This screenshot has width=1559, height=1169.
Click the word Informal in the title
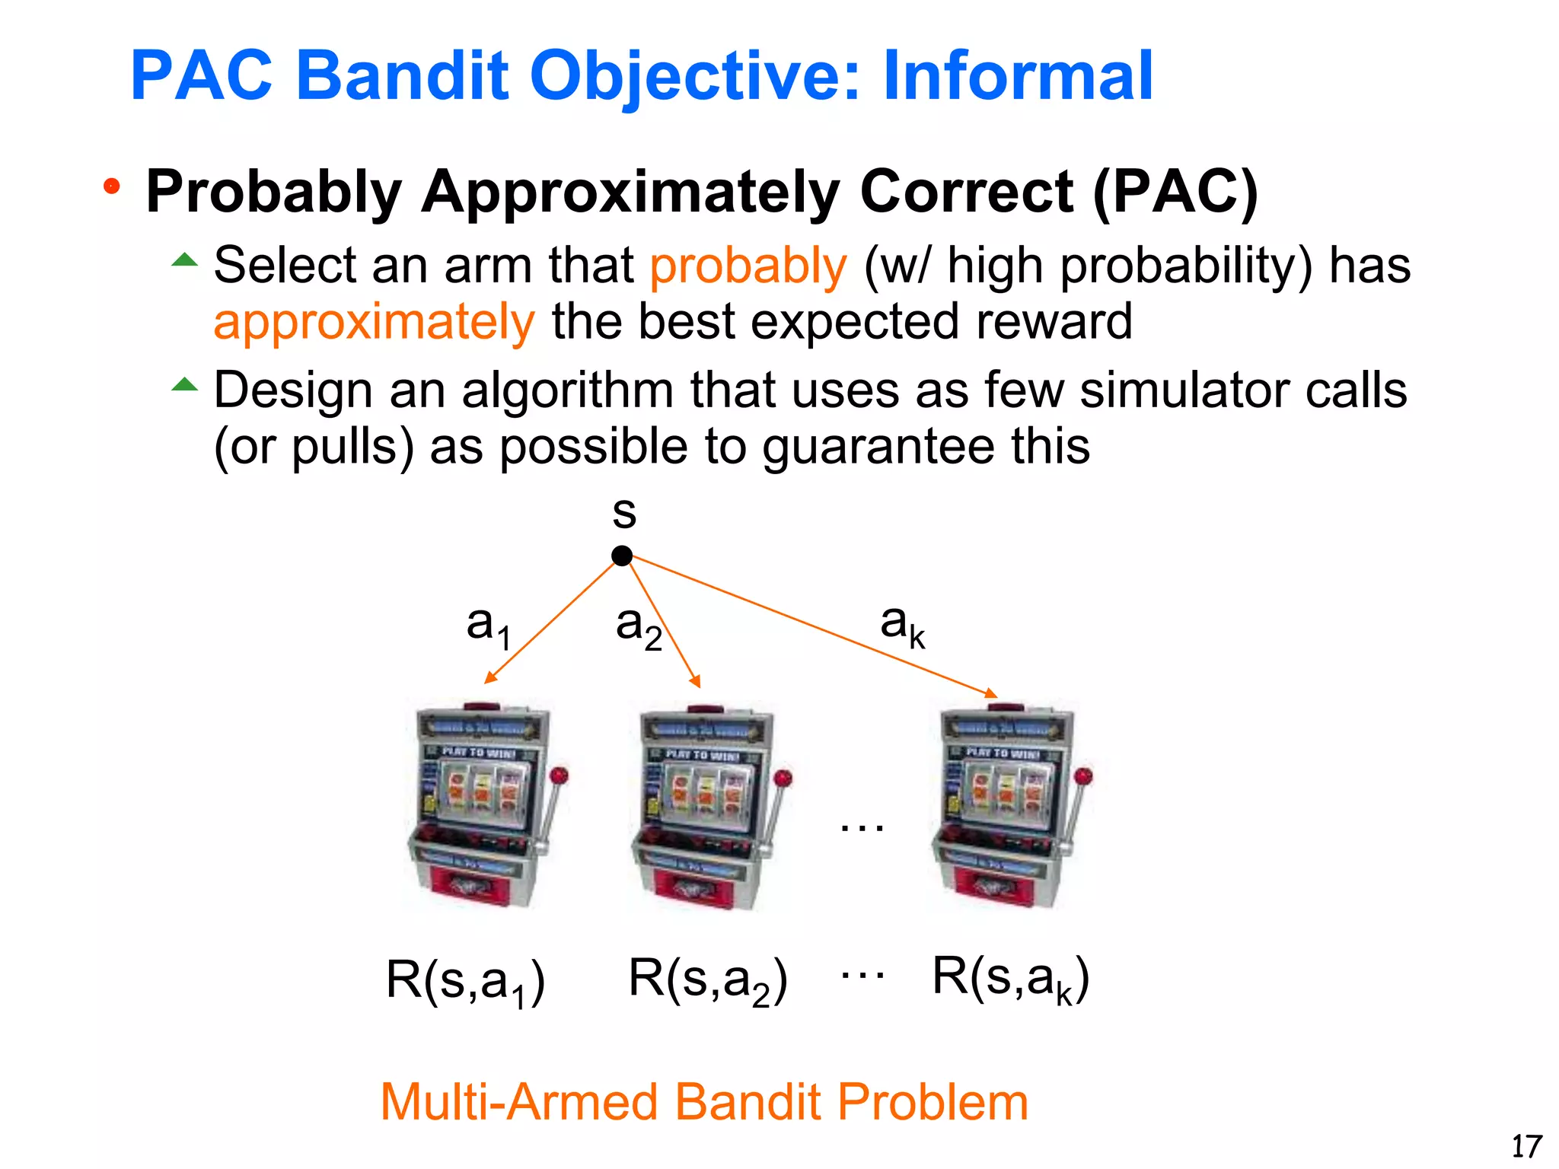click(1018, 75)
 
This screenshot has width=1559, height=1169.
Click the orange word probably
click(748, 266)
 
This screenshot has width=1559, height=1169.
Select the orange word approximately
click(374, 322)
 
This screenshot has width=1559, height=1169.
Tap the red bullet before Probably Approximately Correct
click(112, 186)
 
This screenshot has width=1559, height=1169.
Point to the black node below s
click(622, 556)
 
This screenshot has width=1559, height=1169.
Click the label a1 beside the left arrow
click(488, 626)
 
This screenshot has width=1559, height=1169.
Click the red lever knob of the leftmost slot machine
click(560, 776)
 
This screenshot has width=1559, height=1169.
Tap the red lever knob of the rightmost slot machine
click(1084, 776)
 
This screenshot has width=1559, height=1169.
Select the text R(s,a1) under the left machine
click(465, 980)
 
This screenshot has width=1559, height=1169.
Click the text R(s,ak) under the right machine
click(1010, 979)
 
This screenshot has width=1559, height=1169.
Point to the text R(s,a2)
click(707, 980)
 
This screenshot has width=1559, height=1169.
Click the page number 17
click(1526, 1146)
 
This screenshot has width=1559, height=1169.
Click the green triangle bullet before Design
click(184, 384)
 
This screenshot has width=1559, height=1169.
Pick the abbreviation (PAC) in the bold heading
click(1175, 192)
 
